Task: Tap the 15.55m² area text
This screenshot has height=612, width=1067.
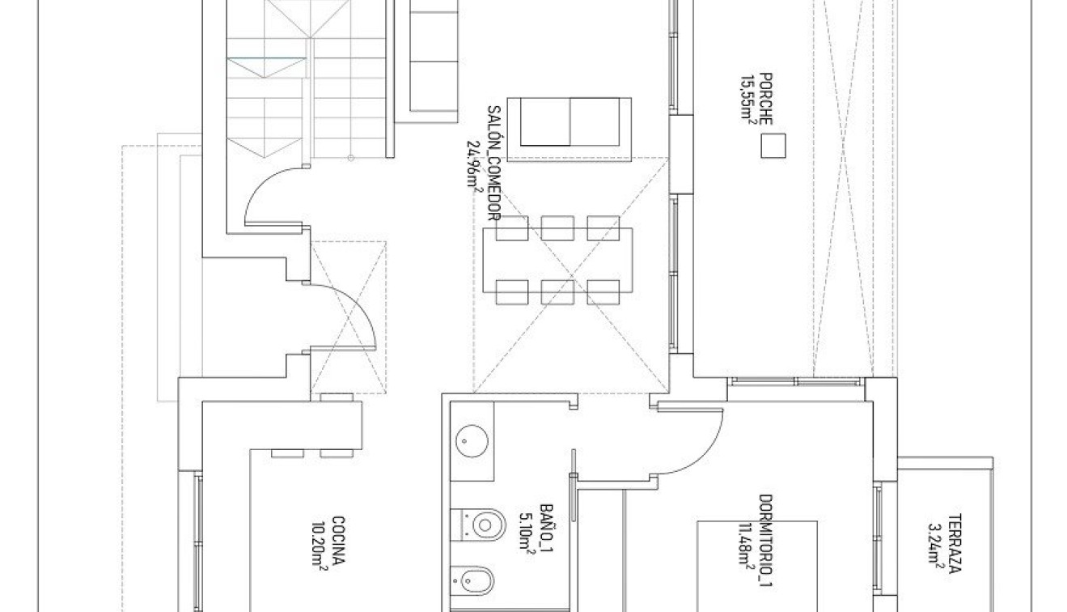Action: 747,98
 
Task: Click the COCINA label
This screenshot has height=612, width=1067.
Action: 337,542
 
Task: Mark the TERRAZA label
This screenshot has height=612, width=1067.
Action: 955,542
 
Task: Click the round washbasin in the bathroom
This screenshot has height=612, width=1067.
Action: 472,441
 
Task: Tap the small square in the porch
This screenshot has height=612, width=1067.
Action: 773,146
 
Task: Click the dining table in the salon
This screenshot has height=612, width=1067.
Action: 557,259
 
